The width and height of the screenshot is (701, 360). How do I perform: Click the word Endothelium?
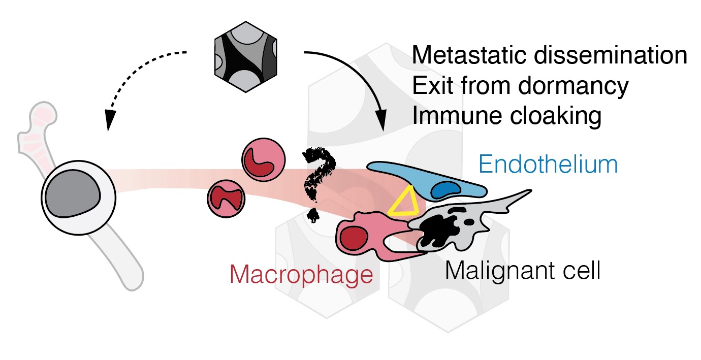[548, 165]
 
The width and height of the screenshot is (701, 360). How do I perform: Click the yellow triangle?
[404, 202]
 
